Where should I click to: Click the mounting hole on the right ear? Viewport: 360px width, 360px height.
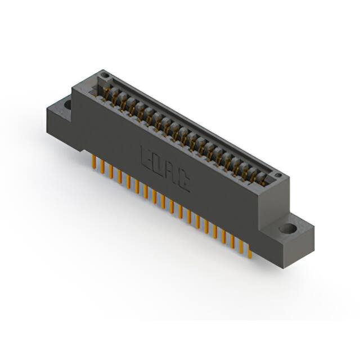pyautogui.click(x=287, y=229)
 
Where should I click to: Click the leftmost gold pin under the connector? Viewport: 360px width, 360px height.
pyautogui.click(x=93, y=162)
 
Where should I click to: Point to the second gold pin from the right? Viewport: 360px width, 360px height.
pyautogui.click(x=241, y=243)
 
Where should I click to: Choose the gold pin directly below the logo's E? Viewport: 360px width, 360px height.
pyautogui.click(x=145, y=191)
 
